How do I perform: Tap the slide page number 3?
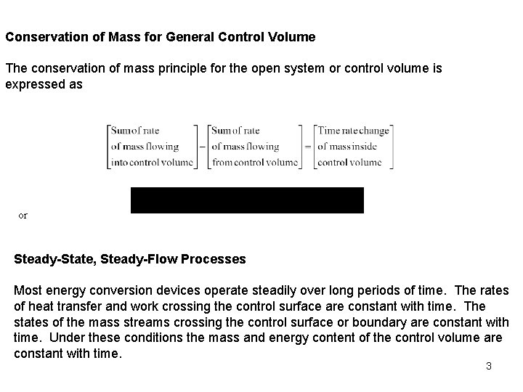click(489, 366)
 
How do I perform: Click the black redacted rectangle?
click(247, 200)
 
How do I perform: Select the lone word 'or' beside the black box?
click(23, 216)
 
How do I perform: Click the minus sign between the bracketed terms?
click(200, 147)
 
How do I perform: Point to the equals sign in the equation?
click(307, 147)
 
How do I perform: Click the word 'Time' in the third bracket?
click(329, 131)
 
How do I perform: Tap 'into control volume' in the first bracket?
click(151, 163)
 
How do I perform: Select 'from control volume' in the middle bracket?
click(255, 163)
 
